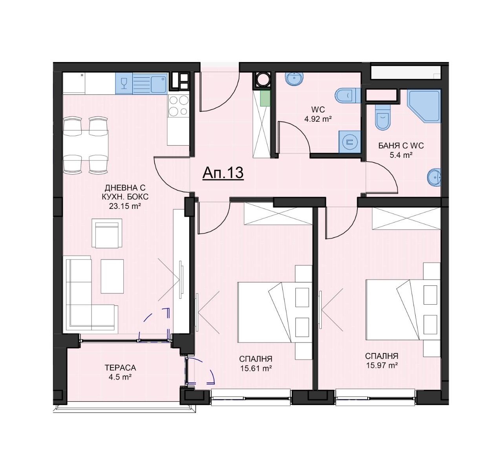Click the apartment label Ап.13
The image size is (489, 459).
pyautogui.click(x=223, y=173)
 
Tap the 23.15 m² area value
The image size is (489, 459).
pyautogui.click(x=125, y=206)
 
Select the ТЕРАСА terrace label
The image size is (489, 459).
pyautogui.click(x=121, y=368)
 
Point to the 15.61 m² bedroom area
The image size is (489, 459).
pyautogui.click(x=256, y=368)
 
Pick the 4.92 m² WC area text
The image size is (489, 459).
pyautogui.click(x=318, y=119)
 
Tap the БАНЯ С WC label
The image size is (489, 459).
pyautogui.click(x=401, y=146)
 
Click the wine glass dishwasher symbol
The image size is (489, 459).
pyautogui.click(x=124, y=83)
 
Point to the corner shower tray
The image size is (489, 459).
pyautogui.click(x=424, y=106)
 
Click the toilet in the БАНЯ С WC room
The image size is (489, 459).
pyautogui.click(x=383, y=117)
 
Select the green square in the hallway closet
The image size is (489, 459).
pyautogui.click(x=265, y=98)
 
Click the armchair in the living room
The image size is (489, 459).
pyautogui.click(x=107, y=233)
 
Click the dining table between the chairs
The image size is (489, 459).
pyautogui.click(x=86, y=145)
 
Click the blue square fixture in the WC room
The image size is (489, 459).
pyautogui.click(x=350, y=142)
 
